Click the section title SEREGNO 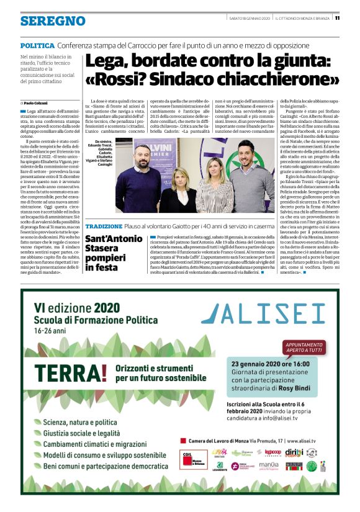(44, 20)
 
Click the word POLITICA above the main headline (37, 47)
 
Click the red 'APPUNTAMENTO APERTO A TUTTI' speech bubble (305, 347)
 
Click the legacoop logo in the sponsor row (272, 452)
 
